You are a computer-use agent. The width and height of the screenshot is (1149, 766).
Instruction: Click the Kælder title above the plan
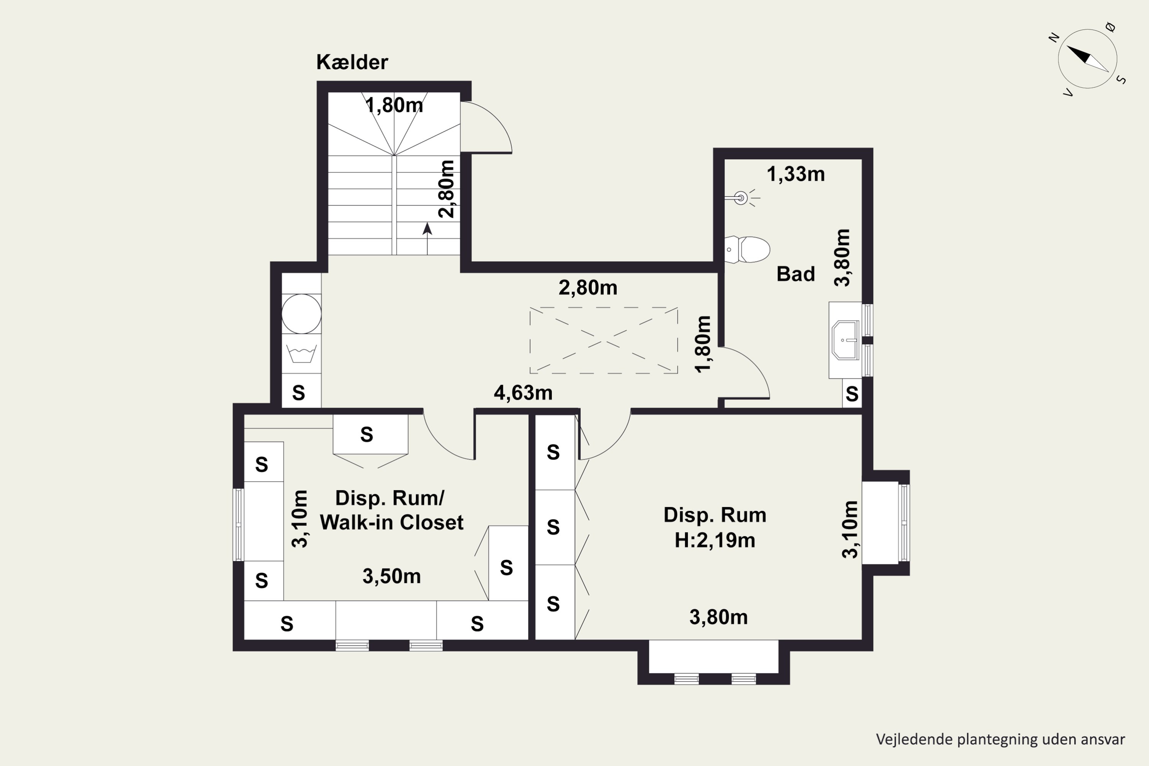[352, 62]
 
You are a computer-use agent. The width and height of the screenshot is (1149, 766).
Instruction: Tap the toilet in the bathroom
[747, 250]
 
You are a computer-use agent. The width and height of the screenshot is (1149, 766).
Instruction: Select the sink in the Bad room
[846, 340]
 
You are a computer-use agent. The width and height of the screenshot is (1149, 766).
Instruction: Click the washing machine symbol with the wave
[301, 354]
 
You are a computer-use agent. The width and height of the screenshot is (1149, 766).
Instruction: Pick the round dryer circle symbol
[301, 314]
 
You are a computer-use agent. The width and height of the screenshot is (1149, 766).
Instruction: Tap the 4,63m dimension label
[523, 393]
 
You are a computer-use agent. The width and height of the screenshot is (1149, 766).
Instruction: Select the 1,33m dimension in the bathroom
[796, 174]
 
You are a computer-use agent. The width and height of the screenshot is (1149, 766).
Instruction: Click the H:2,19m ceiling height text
[715, 540]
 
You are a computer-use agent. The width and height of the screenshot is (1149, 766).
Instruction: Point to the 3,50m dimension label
[391, 576]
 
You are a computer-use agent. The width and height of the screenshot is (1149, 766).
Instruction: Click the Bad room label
[796, 274]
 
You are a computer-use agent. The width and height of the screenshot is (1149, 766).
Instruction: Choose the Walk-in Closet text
[391, 523]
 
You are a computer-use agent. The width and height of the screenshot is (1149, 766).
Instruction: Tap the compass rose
[1087, 59]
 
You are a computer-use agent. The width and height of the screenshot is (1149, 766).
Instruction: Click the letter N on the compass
[1054, 38]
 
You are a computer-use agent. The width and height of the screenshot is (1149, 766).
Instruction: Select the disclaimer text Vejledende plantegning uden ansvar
[1000, 739]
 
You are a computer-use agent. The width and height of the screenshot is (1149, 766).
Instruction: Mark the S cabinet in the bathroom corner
[852, 393]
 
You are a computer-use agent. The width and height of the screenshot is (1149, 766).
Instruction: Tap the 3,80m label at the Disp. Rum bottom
[719, 617]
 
